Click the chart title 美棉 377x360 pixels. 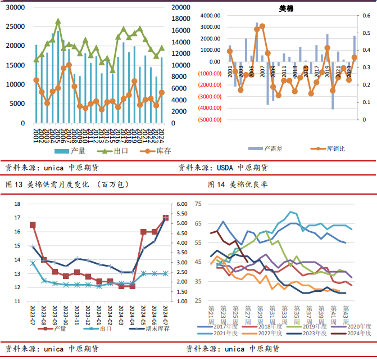(x=286, y=8)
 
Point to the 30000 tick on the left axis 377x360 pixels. (x=15, y=8)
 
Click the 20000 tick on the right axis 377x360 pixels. (x=180, y=8)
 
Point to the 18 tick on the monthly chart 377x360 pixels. (x=17, y=204)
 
